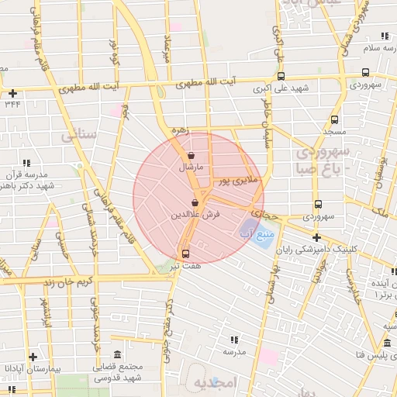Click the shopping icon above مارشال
191,155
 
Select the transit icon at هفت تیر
185,254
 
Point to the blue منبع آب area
264,233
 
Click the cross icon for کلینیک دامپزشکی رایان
316,238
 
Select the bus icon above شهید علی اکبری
280,76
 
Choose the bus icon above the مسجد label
334,120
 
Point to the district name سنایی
79,135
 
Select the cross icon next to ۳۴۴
12,93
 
